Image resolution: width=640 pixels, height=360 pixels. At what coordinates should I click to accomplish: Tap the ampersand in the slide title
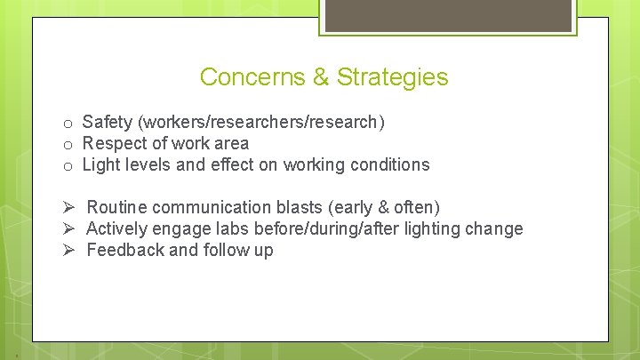pos(321,77)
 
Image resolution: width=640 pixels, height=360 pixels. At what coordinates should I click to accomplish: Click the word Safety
pos(106,122)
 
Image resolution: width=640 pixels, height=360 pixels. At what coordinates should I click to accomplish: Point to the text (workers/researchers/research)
pos(260,122)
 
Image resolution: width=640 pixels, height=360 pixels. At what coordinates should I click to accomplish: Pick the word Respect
pos(113,143)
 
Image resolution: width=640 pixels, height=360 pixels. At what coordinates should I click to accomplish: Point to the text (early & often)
pos(384,207)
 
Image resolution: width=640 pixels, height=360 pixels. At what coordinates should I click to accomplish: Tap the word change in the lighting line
pos(495,228)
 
